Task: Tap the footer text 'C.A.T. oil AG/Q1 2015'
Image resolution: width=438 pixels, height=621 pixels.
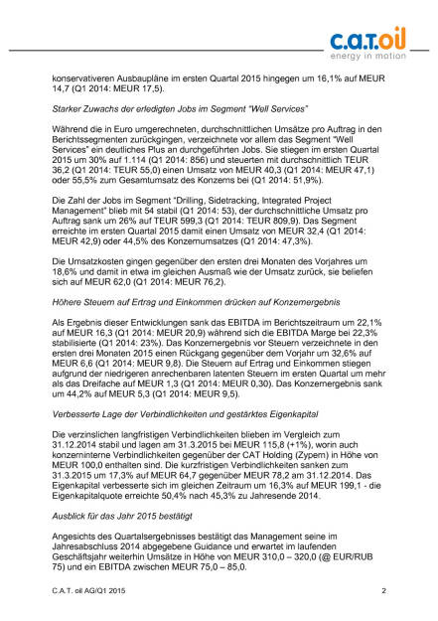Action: (96, 592)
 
